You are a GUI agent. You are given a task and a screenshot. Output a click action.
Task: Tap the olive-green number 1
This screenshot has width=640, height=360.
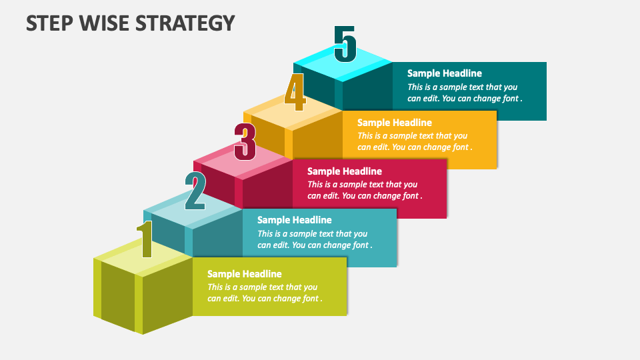(x=145, y=239)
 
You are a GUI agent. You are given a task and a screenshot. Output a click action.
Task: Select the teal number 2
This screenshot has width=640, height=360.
(x=195, y=191)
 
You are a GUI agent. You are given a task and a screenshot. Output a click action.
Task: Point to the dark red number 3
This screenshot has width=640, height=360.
(x=245, y=142)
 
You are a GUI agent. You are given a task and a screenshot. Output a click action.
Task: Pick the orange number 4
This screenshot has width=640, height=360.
(x=295, y=93)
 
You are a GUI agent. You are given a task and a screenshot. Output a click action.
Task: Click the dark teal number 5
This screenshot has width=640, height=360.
(x=345, y=44)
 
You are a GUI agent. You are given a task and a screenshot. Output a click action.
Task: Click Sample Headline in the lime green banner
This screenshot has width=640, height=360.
(x=244, y=274)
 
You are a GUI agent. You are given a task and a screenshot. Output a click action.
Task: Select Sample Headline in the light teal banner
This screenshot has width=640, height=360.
(x=294, y=220)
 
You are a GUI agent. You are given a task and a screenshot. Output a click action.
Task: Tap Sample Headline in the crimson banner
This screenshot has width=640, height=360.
(x=344, y=171)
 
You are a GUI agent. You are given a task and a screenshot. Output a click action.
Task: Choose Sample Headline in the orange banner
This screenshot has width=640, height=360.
(x=394, y=123)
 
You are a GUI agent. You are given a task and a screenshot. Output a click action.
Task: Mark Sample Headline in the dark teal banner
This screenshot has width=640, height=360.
(x=444, y=73)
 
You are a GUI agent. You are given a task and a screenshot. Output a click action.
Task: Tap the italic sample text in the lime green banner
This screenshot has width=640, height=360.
(x=264, y=293)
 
